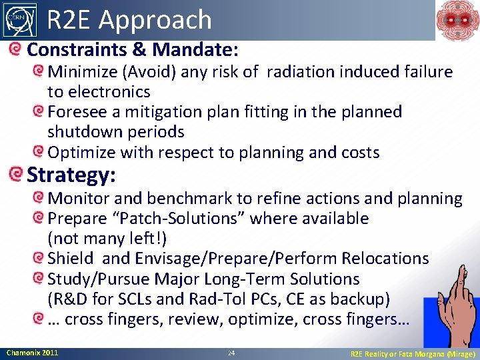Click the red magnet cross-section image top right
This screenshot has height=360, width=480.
click(x=457, y=20)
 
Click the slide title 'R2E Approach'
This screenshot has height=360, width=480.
click(x=129, y=20)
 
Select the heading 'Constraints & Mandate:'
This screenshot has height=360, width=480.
click(x=133, y=49)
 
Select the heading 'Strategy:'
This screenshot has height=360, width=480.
click(x=71, y=175)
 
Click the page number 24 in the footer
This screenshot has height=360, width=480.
click(x=231, y=353)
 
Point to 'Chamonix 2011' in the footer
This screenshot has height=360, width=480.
click(x=32, y=352)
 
